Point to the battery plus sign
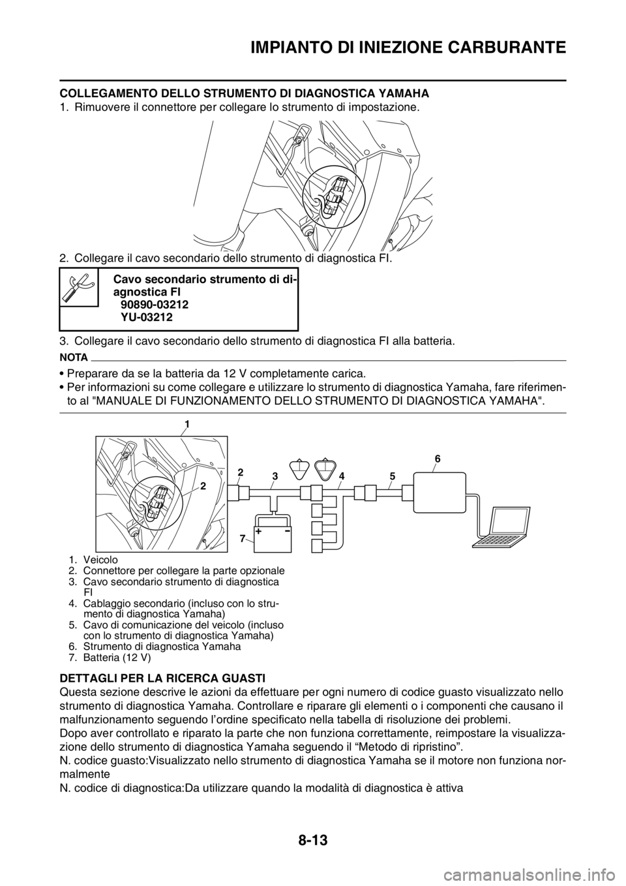tap(260, 532)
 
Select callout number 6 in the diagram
tap(438, 459)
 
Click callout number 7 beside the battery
tap(242, 537)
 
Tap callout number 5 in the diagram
tap(392, 476)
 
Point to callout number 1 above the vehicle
tap(186, 425)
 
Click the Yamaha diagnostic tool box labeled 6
tap(440, 492)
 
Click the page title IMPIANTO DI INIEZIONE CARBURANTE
tap(409, 48)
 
